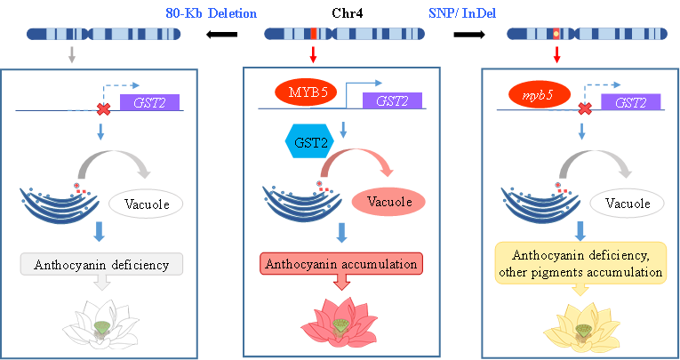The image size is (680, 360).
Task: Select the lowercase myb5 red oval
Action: (537, 93)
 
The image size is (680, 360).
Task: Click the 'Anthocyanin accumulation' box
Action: (339, 264)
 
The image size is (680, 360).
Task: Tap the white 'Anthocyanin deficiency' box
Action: (100, 264)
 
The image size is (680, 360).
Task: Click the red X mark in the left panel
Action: (103, 109)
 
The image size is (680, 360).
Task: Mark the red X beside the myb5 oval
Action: (584, 109)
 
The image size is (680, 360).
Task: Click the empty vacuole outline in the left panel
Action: (146, 203)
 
